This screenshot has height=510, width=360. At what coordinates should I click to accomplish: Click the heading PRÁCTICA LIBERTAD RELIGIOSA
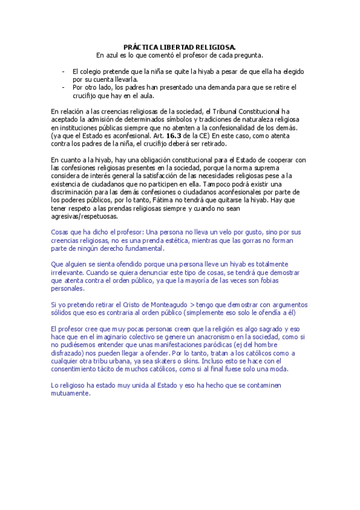(x=179, y=46)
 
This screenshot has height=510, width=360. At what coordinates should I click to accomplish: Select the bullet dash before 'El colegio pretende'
(x=63, y=71)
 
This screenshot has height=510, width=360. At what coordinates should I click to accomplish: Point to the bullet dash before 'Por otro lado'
(x=63, y=87)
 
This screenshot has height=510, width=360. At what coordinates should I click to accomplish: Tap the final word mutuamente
(x=70, y=394)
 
